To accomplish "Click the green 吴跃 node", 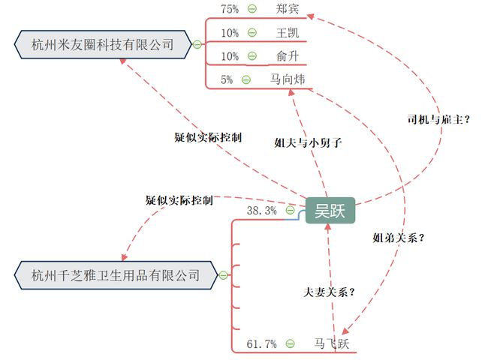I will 330,210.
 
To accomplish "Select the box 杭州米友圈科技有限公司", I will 102,45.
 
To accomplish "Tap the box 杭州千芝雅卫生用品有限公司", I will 116,275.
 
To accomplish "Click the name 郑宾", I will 287,9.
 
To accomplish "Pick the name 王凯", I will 287,33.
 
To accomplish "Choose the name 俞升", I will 287,56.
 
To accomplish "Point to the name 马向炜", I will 288,79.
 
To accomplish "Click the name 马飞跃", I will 331,344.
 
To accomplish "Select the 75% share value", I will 229,9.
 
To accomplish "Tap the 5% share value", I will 227,79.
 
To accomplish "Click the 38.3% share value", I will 261,211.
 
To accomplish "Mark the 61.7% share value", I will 261,344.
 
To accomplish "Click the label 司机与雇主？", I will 438,118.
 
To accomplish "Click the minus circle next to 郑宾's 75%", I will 252,9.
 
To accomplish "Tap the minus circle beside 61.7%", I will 290,344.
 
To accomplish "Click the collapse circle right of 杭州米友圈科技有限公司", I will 197,44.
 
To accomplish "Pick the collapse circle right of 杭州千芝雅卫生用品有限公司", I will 223,275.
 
